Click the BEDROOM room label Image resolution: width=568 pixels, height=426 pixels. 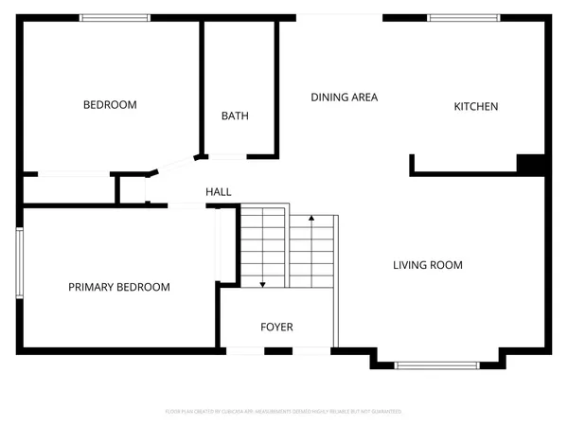coord(110,105)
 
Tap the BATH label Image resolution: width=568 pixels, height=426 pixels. coord(235,116)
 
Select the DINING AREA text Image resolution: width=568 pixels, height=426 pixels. coord(345,97)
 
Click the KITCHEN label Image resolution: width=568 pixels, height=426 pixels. coord(475,107)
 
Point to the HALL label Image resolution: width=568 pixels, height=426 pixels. coord(219,192)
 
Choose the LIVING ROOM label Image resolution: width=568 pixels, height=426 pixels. coord(428,265)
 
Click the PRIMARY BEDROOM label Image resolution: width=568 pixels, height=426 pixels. coord(119,287)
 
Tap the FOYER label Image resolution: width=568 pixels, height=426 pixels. coord(276,328)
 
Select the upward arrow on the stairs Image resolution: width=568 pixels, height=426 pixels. coord(311,221)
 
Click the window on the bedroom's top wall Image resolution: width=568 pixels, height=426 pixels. coord(115,17)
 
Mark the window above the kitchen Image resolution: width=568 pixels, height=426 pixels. coord(464,17)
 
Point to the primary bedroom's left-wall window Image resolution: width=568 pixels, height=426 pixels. coord(18,261)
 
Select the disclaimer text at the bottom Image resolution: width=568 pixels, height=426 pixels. coord(284,412)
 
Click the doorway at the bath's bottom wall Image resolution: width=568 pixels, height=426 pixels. coord(226,155)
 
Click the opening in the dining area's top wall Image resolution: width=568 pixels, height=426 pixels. coord(341,17)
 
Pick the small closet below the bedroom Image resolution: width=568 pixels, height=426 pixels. coord(68,189)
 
